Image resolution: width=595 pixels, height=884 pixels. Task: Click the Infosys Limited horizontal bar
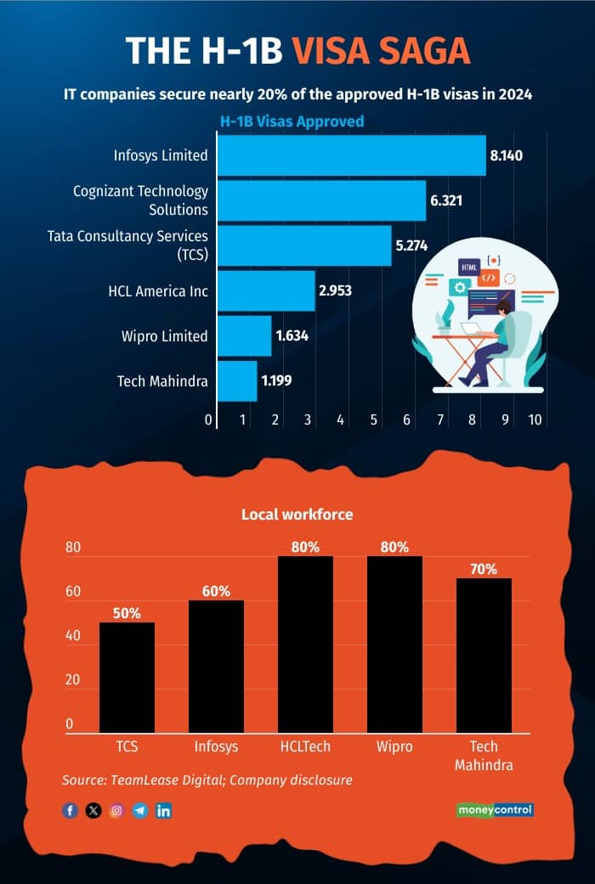click(x=351, y=155)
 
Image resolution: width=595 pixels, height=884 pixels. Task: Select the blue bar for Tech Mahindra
click(x=237, y=380)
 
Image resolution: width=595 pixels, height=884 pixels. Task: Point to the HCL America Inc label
click(x=158, y=291)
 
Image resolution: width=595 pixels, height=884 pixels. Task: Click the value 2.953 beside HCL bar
click(x=335, y=291)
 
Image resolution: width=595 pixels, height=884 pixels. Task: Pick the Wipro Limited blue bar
click(x=244, y=335)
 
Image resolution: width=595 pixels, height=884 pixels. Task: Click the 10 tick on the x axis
click(x=535, y=419)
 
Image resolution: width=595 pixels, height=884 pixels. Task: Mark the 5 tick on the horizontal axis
click(x=374, y=419)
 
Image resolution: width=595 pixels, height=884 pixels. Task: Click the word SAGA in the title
click(x=422, y=51)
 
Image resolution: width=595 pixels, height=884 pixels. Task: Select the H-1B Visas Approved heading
click(x=292, y=121)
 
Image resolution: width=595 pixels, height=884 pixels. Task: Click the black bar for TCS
click(x=127, y=676)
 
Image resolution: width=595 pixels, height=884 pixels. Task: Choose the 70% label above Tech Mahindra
click(x=484, y=569)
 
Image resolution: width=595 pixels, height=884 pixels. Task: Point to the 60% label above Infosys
click(x=216, y=591)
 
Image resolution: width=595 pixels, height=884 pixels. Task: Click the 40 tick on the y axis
click(x=74, y=636)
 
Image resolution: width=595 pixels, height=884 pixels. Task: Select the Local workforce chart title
click(x=297, y=515)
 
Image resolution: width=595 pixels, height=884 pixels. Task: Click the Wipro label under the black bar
click(x=394, y=746)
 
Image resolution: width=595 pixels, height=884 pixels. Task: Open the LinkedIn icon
click(x=164, y=810)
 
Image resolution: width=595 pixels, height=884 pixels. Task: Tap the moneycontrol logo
click(x=495, y=810)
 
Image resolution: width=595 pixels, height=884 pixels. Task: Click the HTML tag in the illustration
click(x=469, y=267)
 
